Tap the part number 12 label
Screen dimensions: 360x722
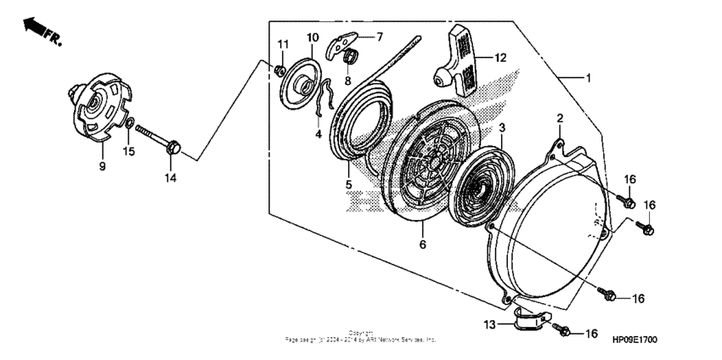[x=500, y=58]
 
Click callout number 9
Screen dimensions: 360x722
[x=102, y=167]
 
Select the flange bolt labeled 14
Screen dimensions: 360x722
[x=163, y=143]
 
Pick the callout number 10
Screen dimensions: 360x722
[x=312, y=37]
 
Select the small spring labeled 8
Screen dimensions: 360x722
[x=347, y=58]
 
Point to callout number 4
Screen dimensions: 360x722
[x=319, y=133]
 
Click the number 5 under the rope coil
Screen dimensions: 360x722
[x=348, y=183]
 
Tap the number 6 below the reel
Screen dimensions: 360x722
[x=422, y=245]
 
